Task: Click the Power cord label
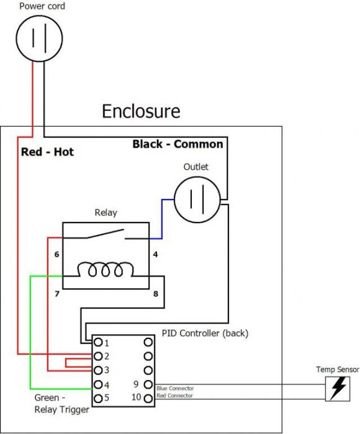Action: [x=42, y=6]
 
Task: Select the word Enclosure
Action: [x=141, y=111]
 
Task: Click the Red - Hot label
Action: [x=47, y=152]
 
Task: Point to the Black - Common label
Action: [x=178, y=144]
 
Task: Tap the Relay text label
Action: [x=106, y=212]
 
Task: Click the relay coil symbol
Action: [x=106, y=269]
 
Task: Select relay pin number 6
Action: [x=57, y=254]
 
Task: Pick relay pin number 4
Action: [x=155, y=254]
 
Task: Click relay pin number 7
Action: [x=57, y=293]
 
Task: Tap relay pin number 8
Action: [x=155, y=293]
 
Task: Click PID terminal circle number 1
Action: [x=98, y=342]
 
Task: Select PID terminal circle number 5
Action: [x=98, y=399]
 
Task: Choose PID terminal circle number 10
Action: [x=148, y=399]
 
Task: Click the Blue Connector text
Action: [x=175, y=388]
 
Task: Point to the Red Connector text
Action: [x=174, y=396]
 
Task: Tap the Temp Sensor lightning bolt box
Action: [x=338, y=389]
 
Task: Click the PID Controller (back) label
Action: [x=205, y=334]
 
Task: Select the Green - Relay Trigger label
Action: [x=61, y=404]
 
